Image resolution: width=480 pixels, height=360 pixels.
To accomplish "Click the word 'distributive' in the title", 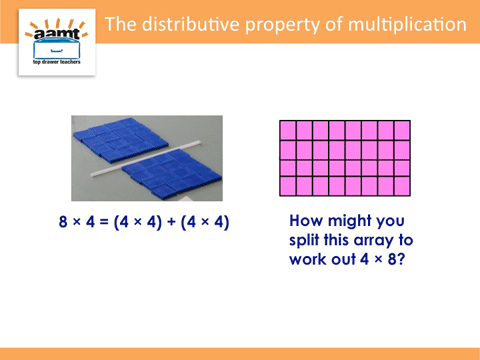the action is click(191, 25).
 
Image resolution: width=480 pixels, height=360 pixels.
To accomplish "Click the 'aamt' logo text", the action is click(56, 33).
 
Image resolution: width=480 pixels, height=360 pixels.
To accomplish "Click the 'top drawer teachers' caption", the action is click(57, 62).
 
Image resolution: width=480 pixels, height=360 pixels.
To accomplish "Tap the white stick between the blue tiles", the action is click(146, 159).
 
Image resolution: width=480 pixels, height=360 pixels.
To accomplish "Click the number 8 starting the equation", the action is click(63, 222).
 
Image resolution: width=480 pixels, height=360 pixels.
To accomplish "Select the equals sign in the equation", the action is click(104, 222).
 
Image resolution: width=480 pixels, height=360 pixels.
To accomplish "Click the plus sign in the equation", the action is click(171, 222).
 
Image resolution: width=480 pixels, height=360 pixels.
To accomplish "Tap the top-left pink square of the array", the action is click(288, 130).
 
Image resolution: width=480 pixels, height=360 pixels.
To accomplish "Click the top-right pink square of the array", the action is click(402, 130).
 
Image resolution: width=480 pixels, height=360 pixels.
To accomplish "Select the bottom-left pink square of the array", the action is click(288, 186).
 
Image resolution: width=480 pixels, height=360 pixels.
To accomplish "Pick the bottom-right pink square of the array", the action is click(402, 186).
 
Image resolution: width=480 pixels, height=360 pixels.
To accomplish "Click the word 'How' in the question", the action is click(306, 221).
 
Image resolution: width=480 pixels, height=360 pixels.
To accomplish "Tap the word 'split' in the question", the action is click(304, 241).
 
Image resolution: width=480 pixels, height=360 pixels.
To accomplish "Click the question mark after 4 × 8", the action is click(401, 259).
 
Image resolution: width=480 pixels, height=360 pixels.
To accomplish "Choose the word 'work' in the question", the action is click(308, 259).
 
